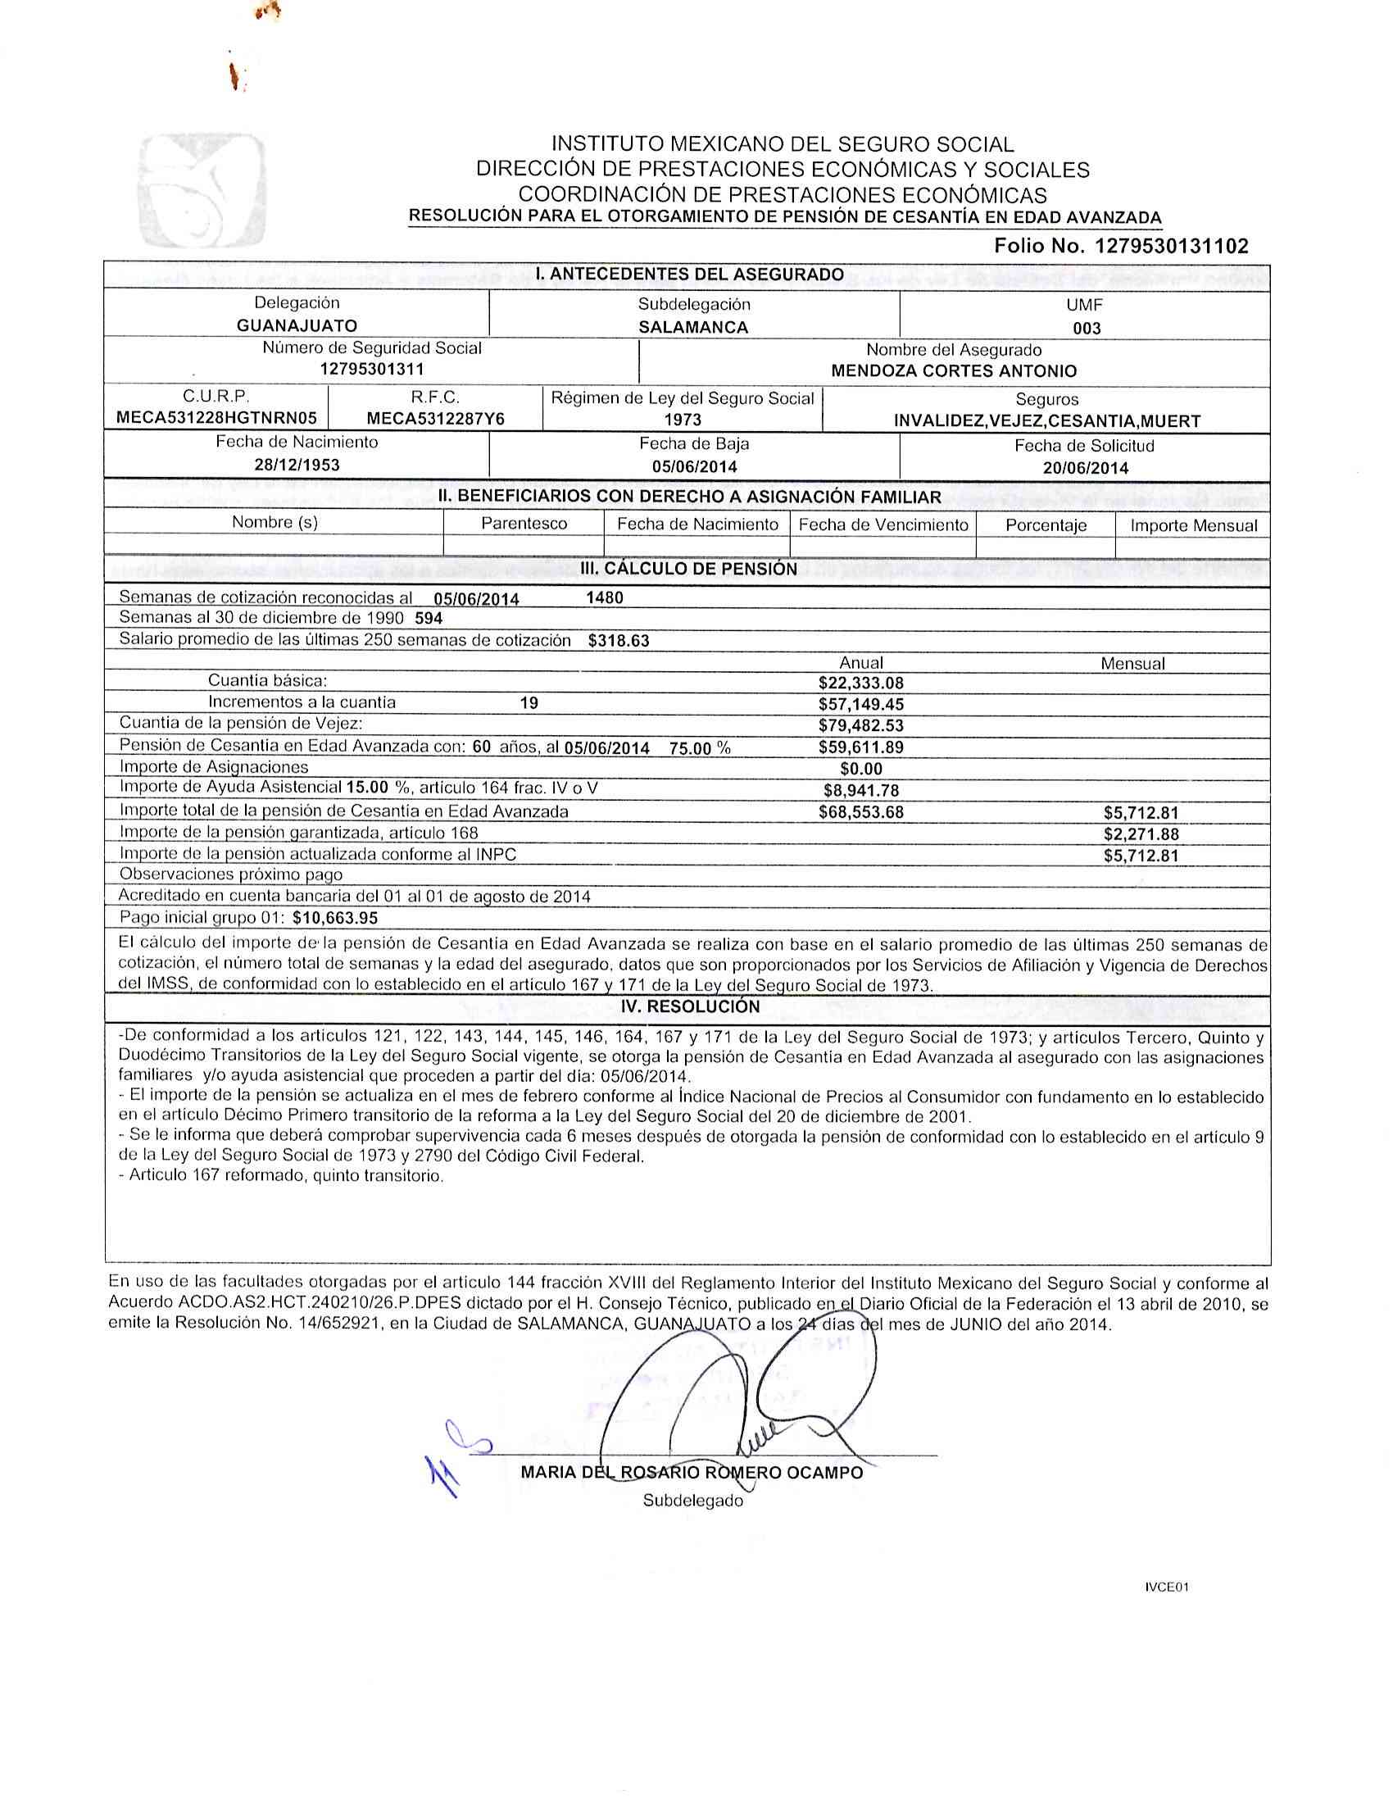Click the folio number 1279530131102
(1171, 246)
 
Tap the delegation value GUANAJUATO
(297, 326)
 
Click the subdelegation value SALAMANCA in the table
(693, 327)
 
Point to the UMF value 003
(1087, 329)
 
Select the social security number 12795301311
(371, 370)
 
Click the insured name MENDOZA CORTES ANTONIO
(953, 371)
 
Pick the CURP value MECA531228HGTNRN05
(216, 419)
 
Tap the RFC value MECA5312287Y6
(435, 420)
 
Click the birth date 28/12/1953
(297, 465)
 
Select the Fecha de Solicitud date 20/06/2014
(1085, 468)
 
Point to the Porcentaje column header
(1045, 525)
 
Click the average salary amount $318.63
(619, 641)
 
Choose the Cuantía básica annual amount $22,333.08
(860, 683)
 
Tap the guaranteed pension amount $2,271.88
(1141, 833)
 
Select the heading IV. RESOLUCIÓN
(690, 1006)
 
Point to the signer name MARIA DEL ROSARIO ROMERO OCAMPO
(692, 1472)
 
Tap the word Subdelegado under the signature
(692, 1501)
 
